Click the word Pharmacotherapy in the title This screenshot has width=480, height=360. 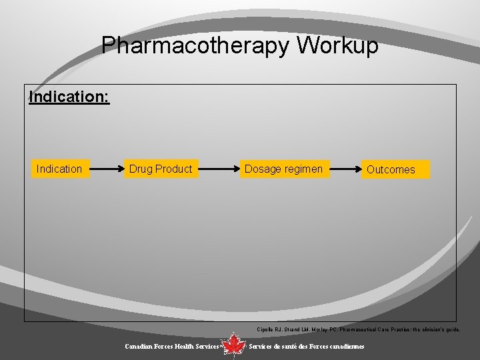click(x=194, y=45)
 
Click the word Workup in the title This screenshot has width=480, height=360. click(x=335, y=45)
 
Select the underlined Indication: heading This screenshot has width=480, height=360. click(x=69, y=97)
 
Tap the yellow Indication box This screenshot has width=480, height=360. click(x=59, y=169)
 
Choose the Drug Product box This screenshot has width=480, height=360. click(x=161, y=169)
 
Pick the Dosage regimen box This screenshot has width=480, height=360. click(x=283, y=169)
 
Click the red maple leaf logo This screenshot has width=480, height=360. click(x=233, y=345)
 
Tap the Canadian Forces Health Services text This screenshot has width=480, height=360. click(x=172, y=347)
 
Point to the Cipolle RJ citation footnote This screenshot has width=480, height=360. click(x=358, y=329)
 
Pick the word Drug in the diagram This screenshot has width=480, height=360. click(x=140, y=169)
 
